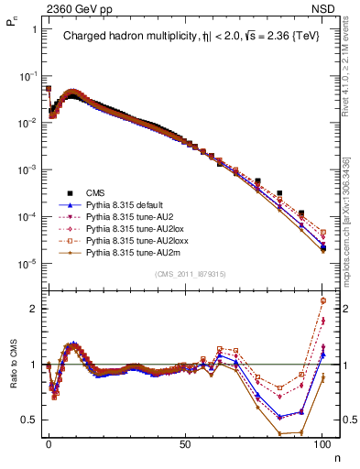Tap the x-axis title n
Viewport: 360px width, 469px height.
click(x=335, y=454)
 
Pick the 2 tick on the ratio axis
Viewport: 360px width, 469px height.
click(x=34, y=309)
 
